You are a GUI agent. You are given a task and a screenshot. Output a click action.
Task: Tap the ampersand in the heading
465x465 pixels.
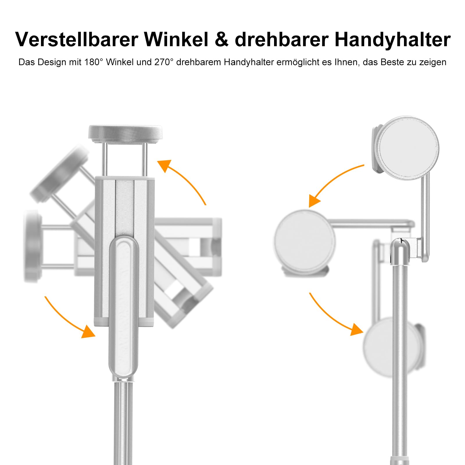[x=222, y=40]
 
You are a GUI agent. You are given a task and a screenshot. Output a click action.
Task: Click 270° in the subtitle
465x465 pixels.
[x=164, y=62]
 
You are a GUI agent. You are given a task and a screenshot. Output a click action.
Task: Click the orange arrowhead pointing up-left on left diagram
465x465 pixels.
[x=165, y=165]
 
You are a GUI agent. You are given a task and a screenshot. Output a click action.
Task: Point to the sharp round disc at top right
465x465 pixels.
[x=409, y=148]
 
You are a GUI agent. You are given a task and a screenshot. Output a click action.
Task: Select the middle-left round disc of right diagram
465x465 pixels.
[x=305, y=240]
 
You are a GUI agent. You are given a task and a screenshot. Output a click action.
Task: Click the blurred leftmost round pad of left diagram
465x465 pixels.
[x=32, y=246]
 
